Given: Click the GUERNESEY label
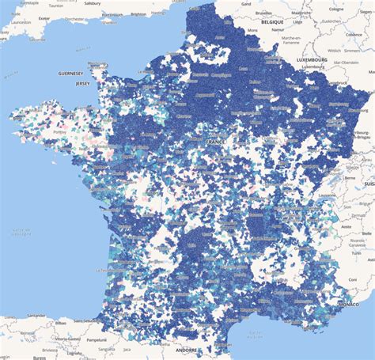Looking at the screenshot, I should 70,72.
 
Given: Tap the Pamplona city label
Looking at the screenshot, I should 97,339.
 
